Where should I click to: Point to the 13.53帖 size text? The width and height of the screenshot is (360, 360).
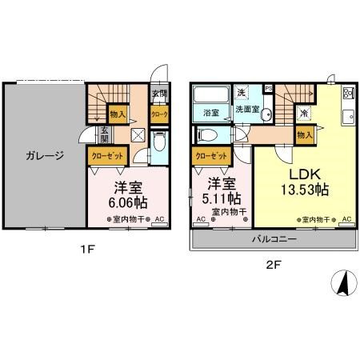click(x=305, y=190)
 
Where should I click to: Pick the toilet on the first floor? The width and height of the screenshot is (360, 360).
click(x=158, y=143)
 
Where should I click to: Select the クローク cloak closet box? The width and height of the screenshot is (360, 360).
click(x=158, y=114)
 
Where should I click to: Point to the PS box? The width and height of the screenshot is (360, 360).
click(x=269, y=88)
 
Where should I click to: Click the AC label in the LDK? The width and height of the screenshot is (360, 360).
click(x=347, y=218)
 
